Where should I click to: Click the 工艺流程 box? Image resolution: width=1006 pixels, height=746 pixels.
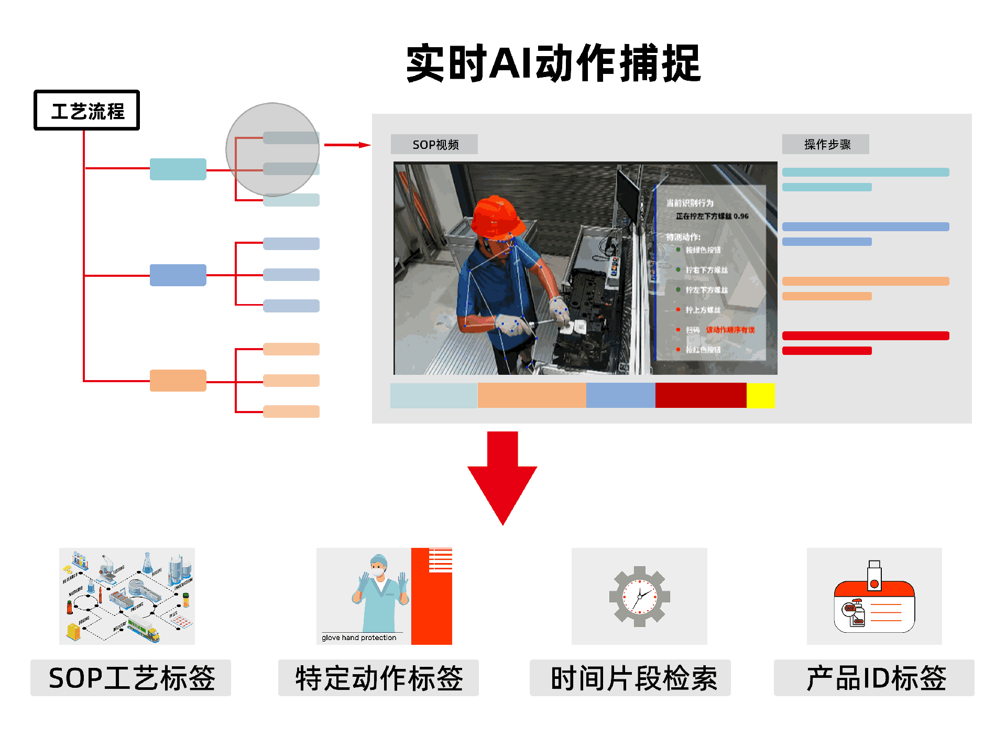pos(86,110)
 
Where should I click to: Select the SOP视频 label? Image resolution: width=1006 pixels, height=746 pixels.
pos(434,144)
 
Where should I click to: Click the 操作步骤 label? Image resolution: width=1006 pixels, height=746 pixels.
pos(826,144)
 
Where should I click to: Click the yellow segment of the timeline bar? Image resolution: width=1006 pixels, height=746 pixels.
pos(760,395)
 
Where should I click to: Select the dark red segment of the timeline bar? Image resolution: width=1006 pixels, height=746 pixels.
pos(700,395)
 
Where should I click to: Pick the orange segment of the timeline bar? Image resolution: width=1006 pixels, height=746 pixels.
pos(531,395)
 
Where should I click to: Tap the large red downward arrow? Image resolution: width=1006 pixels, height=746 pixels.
pos(502,477)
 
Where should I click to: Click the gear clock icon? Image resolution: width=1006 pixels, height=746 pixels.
pos(639,596)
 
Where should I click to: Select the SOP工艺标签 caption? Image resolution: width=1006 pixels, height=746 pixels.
pos(130,678)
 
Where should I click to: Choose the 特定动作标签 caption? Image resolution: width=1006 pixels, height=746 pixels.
pos(378,678)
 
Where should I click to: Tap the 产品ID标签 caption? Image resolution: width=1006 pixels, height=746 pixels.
pos(874,678)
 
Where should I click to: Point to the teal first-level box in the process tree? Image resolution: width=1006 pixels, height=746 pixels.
pos(178,169)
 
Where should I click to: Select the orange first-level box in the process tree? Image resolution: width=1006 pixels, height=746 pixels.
pos(178,381)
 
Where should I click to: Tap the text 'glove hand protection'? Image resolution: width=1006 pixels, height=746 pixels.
pos(359,637)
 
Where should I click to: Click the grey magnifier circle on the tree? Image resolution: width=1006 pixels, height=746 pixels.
pos(272,149)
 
